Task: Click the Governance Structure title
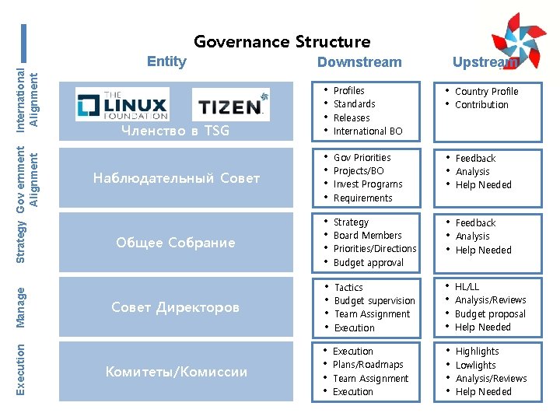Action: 282,41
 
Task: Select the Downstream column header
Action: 359,62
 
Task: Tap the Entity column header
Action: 166,61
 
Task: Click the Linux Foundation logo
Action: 122,104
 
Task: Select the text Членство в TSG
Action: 175,131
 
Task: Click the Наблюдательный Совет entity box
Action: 177,178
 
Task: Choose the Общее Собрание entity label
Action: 175,243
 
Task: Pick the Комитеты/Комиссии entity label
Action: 177,372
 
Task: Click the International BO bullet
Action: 368,131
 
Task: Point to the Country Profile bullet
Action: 486,91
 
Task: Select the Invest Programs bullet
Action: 368,184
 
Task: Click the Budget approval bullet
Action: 369,263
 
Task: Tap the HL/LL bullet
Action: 467,287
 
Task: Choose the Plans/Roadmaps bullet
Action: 368,365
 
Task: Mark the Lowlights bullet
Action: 476,365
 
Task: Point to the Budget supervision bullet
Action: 375,301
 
